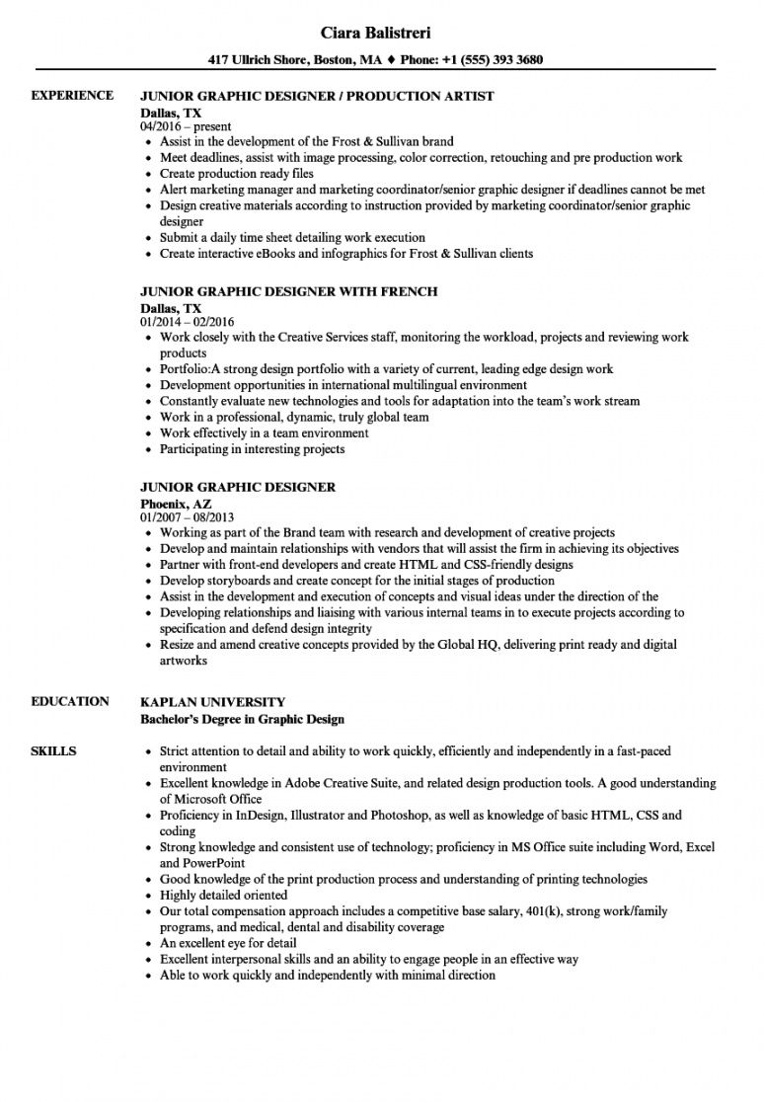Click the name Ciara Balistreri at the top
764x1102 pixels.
click(382, 32)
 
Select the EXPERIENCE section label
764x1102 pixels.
click(72, 95)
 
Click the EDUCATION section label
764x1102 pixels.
click(70, 701)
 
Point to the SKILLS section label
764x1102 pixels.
click(53, 751)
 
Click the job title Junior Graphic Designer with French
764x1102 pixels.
click(289, 292)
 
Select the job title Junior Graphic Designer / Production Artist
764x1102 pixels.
click(317, 97)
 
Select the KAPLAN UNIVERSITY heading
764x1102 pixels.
click(213, 702)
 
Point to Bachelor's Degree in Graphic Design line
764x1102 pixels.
click(243, 719)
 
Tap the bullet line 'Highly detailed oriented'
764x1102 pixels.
click(224, 895)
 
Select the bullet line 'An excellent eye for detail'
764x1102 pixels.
click(230, 943)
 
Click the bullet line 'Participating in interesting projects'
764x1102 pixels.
click(253, 449)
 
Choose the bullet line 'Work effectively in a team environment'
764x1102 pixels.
click(264, 433)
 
